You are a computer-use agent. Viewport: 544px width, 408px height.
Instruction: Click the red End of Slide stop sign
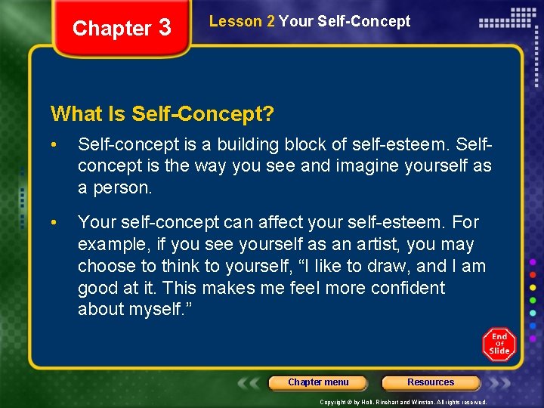coord(499,345)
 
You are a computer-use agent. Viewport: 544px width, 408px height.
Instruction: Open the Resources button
coord(431,382)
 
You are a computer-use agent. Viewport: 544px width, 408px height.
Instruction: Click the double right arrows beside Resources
coord(498,382)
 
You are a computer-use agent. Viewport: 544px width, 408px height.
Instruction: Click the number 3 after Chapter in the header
coord(165,28)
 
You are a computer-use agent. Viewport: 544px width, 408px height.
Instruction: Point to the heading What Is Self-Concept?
coord(162,114)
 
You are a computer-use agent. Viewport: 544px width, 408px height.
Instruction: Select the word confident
coord(407,288)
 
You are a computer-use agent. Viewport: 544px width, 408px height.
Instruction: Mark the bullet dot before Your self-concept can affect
coord(54,222)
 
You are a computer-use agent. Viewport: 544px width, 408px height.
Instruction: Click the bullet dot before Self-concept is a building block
coord(54,144)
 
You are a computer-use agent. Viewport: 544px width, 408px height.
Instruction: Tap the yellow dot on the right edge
coord(533,288)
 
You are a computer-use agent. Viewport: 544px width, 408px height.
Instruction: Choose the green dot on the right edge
coord(533,300)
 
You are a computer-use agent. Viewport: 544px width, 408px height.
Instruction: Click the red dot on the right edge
coord(533,275)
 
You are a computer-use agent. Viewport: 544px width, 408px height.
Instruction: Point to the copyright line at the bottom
coord(403,402)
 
